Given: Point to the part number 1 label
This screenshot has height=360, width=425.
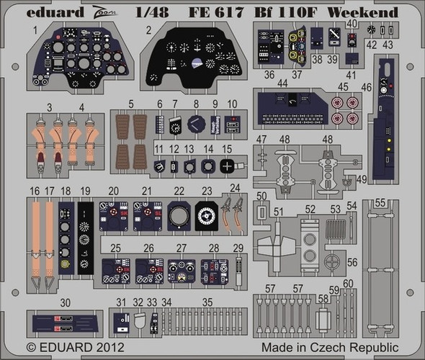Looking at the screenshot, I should coord(34,30).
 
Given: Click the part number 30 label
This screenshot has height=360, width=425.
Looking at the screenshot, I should coord(65,303).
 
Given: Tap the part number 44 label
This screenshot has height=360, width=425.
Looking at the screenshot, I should coord(282,84).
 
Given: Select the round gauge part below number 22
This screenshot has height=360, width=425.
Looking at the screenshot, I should coord(179,215).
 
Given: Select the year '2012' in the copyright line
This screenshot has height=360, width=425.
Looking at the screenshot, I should coord(102,347).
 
